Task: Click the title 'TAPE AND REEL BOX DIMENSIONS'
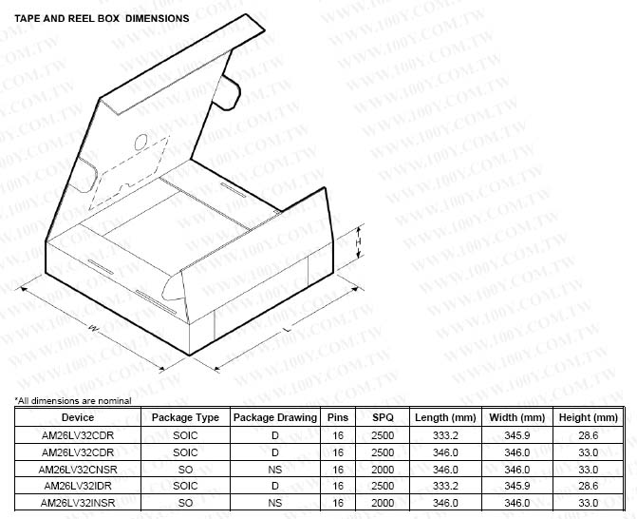click(x=102, y=18)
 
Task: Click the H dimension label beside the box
click(x=359, y=242)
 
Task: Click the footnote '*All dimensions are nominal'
click(x=72, y=400)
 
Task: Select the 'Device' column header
click(x=77, y=417)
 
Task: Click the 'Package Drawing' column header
click(x=275, y=417)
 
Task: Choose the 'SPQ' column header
click(x=383, y=417)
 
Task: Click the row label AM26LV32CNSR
click(x=77, y=469)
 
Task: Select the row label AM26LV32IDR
click(x=77, y=486)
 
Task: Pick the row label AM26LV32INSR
click(x=77, y=502)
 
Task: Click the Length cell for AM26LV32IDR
click(x=444, y=486)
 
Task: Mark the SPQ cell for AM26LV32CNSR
click(x=383, y=469)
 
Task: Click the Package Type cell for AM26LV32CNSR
click(x=185, y=469)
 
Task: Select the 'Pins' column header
click(x=337, y=417)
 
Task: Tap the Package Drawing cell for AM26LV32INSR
click(x=275, y=502)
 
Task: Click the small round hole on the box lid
click(x=141, y=143)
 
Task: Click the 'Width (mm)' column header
click(x=516, y=417)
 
